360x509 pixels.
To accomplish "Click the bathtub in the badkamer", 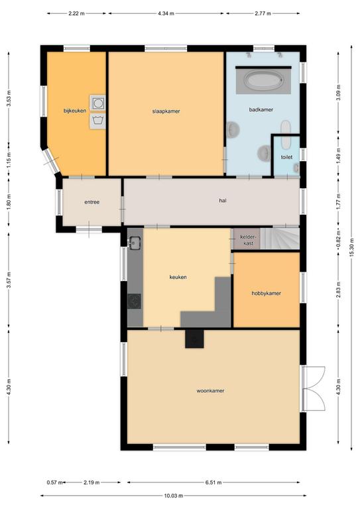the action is pos(263,80).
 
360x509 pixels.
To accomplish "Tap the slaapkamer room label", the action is pos(166,111).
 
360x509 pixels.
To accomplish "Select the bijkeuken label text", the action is pos(75,111).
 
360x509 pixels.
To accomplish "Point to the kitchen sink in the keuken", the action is pos(135,243).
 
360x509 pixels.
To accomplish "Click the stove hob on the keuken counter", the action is pos(134,302).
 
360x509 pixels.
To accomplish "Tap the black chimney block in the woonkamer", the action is pos(194,339).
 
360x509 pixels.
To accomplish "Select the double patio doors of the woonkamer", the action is pos(314,389).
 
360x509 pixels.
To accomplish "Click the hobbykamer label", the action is pos(266,294).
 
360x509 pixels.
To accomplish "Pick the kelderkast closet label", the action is pos(248,240).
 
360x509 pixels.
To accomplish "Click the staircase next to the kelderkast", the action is pos(280,239).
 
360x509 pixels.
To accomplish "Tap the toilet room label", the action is pos(286,157).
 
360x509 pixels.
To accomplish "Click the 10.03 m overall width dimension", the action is pos(173,496).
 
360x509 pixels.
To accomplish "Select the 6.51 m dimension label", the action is pos(213,482).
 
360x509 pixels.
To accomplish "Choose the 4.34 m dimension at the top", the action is pos(166,14).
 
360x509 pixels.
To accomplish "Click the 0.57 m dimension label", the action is pos(55,482).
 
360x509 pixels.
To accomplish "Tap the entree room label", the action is pos(92,202).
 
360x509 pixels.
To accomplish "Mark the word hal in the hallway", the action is pos(223,201).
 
